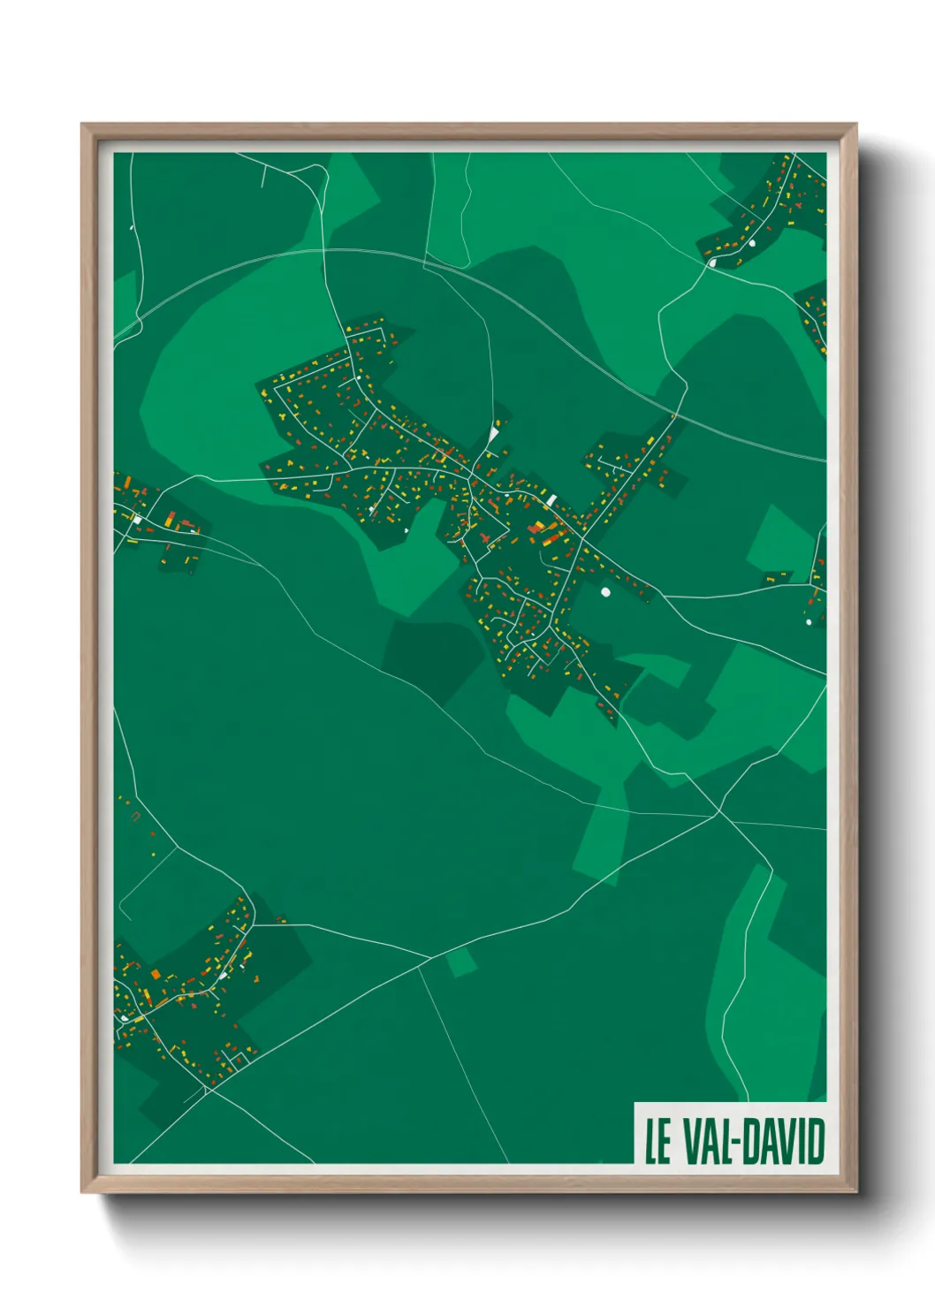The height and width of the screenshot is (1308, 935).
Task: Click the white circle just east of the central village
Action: (x=605, y=591)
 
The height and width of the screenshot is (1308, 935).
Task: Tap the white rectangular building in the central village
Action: (x=551, y=500)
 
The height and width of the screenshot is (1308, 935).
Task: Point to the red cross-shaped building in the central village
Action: (x=484, y=536)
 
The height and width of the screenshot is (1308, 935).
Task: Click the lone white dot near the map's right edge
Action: (x=809, y=622)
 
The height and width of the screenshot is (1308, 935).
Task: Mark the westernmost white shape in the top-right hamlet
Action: (x=711, y=262)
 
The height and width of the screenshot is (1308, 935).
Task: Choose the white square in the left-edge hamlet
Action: (x=137, y=519)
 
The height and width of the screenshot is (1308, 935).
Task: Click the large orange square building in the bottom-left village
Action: (x=156, y=974)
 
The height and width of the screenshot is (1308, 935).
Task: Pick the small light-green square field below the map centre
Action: (x=460, y=962)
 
